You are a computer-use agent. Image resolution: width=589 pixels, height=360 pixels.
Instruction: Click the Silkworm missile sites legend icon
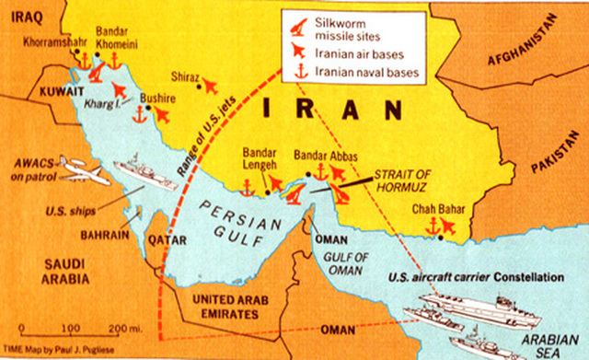point(297,23)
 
